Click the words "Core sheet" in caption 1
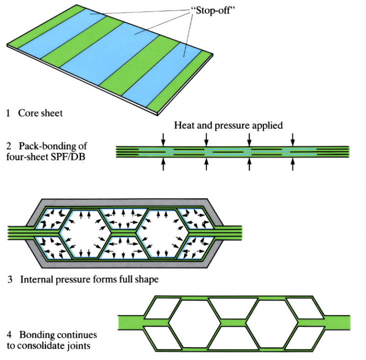[x=41, y=113]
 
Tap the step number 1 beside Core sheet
[x=9, y=113]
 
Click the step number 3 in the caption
[x=10, y=279]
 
